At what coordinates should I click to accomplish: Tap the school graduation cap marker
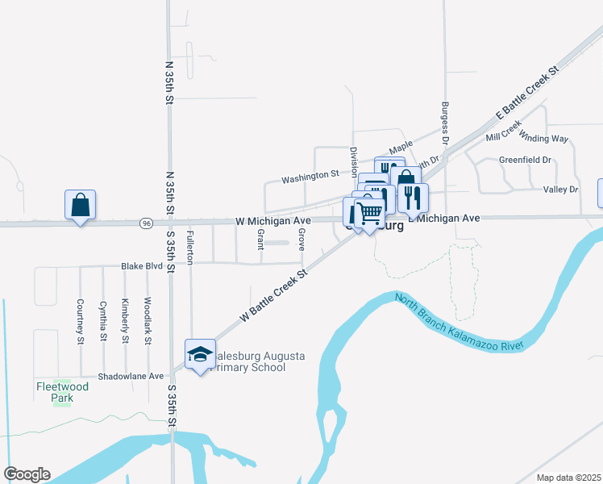[200, 354]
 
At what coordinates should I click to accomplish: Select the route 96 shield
[145, 223]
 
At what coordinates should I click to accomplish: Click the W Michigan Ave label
[273, 220]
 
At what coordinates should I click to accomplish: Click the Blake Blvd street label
[142, 265]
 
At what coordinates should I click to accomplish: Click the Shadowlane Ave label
[131, 376]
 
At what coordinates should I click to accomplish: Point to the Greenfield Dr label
[525, 160]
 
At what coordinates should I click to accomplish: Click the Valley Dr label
[561, 190]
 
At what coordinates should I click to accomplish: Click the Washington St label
[310, 175]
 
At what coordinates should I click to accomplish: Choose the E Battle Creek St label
[528, 94]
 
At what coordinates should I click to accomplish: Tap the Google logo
[26, 474]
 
